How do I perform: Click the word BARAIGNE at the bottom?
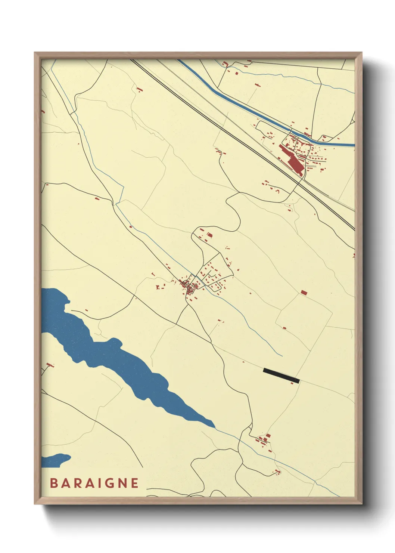[94, 483]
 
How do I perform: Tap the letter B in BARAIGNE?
[54, 483]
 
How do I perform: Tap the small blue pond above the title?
[56, 460]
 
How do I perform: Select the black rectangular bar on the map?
[281, 376]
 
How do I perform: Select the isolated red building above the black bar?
[304, 292]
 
